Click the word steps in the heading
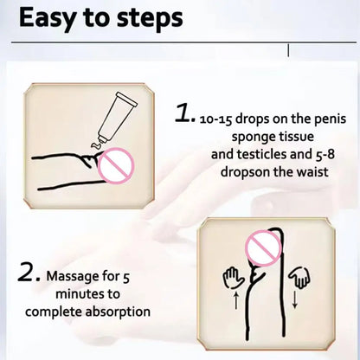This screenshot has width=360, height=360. point(150,19)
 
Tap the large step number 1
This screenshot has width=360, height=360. point(184,113)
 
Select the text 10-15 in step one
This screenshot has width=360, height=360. point(215,119)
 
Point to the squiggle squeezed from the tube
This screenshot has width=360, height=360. point(96,145)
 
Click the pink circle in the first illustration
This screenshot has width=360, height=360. point(116,165)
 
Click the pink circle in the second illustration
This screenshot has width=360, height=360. point(263,248)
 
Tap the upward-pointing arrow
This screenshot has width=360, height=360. point(235,300)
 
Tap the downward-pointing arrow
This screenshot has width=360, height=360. point(294,299)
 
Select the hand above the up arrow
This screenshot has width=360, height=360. point(233,278)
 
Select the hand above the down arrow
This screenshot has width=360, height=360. point(299,277)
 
